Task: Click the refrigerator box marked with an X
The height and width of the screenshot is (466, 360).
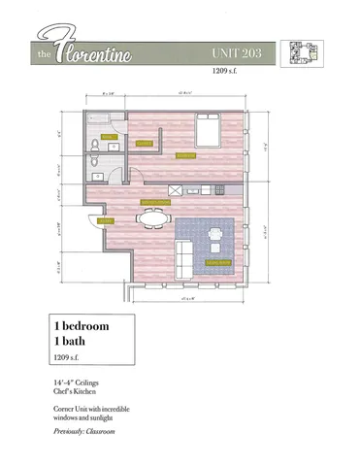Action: [177, 189]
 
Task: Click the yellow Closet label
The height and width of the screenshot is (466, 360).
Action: [145, 143]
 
